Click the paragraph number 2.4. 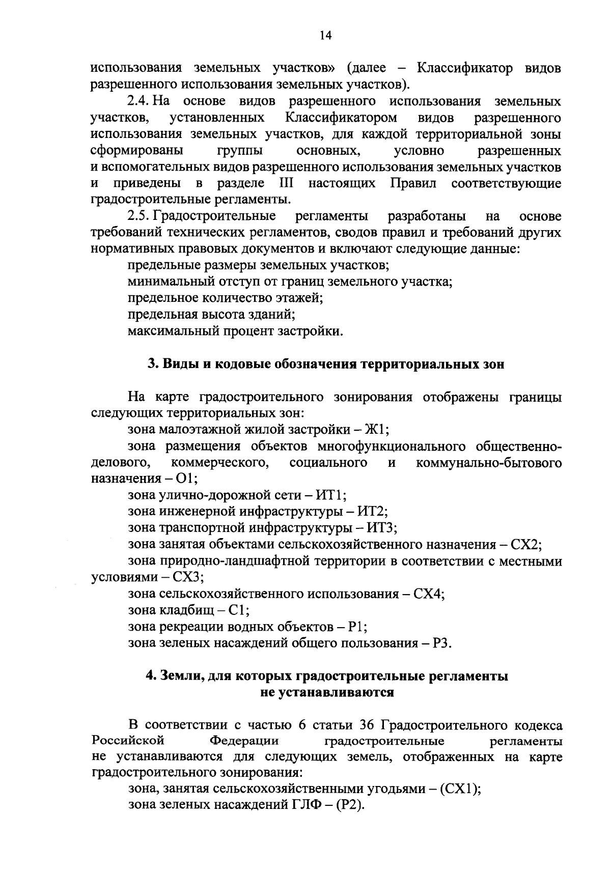pos(137,101)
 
